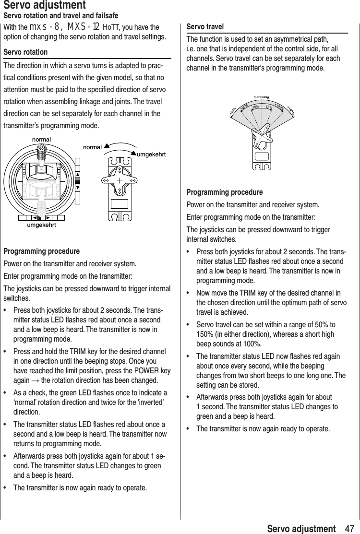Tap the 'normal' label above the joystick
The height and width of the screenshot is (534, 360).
pos(41,139)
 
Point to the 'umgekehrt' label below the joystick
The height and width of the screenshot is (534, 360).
pos(41,225)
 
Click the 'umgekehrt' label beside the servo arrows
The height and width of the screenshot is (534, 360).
pos(152,154)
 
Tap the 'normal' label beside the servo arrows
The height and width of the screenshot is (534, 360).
pos(92,147)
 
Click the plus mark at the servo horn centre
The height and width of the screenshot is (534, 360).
pos(118,179)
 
